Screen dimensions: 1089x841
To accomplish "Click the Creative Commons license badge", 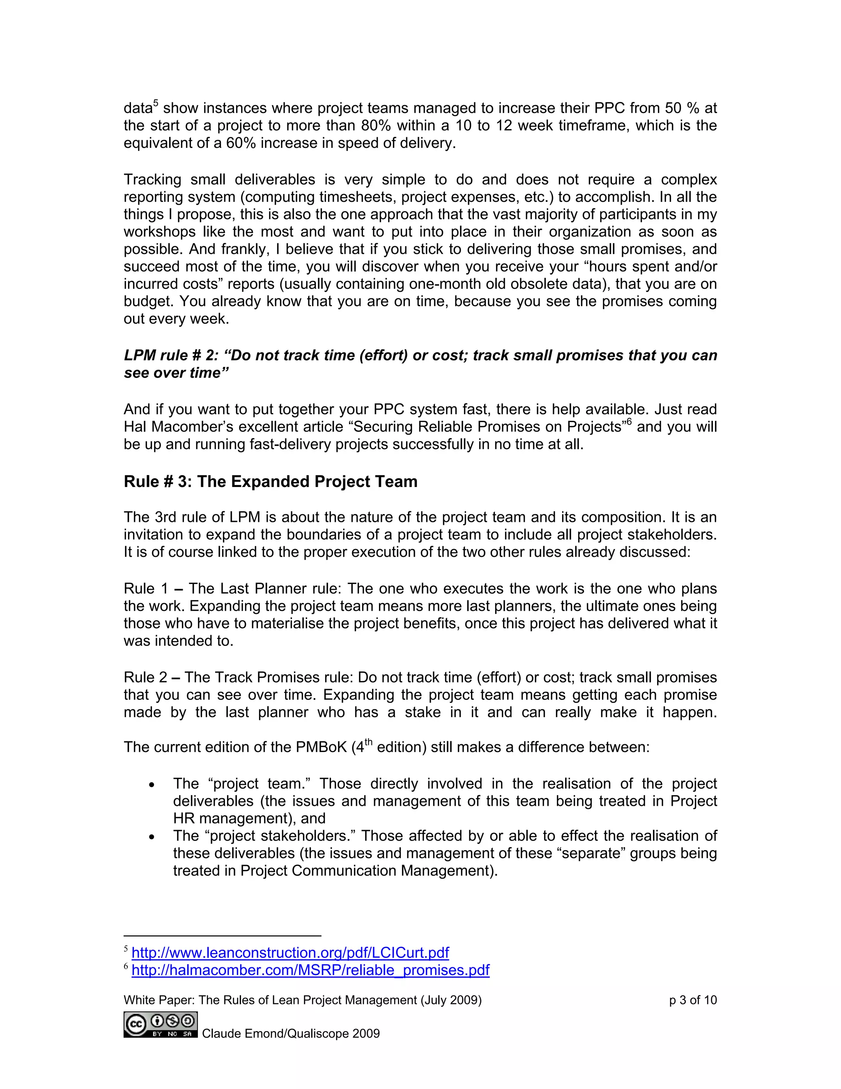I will pyautogui.click(x=161, y=1024).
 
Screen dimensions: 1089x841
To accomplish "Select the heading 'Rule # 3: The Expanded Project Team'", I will pyautogui.click(x=271, y=482).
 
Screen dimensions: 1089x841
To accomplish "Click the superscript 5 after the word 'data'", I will pyautogui.click(x=156, y=103).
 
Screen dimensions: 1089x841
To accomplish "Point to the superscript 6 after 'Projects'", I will pyautogui.click(x=629, y=422).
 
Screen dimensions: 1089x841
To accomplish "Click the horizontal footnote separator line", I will pyautogui.click(x=222, y=936).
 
